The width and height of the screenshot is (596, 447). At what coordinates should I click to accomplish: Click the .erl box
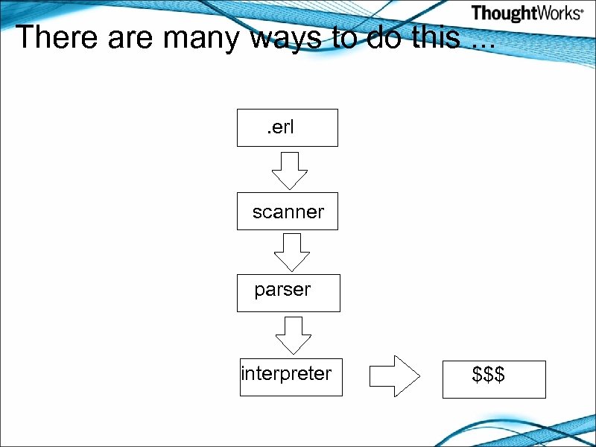click(x=287, y=127)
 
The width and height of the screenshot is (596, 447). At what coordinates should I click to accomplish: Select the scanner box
click(x=287, y=212)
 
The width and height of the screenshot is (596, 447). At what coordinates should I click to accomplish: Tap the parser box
click(x=288, y=293)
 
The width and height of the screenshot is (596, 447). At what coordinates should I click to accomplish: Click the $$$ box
click(x=494, y=380)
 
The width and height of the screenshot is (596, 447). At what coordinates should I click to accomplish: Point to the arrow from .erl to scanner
click(x=289, y=171)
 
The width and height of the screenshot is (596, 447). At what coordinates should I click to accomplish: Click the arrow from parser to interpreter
click(x=294, y=335)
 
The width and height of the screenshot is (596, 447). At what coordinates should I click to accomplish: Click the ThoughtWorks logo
click(x=527, y=13)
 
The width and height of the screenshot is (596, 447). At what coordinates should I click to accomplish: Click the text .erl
click(x=281, y=127)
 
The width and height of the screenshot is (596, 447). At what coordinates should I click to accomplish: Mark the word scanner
click(x=288, y=212)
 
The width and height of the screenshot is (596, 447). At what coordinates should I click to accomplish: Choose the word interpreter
click(x=287, y=372)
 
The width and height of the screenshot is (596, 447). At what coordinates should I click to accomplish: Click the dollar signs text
click(x=489, y=375)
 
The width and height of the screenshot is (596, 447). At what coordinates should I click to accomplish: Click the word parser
click(x=282, y=290)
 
